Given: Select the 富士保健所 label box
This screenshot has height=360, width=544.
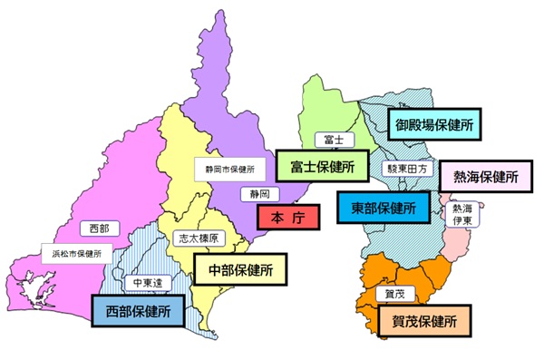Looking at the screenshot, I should (x=316, y=166).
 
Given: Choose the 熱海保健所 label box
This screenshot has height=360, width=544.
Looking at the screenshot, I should (x=485, y=176).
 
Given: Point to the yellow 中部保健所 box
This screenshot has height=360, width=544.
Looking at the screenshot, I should (x=240, y=269).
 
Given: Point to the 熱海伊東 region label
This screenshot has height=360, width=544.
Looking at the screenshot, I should (x=461, y=214).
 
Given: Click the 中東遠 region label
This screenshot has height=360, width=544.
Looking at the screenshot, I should (x=146, y=283).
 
